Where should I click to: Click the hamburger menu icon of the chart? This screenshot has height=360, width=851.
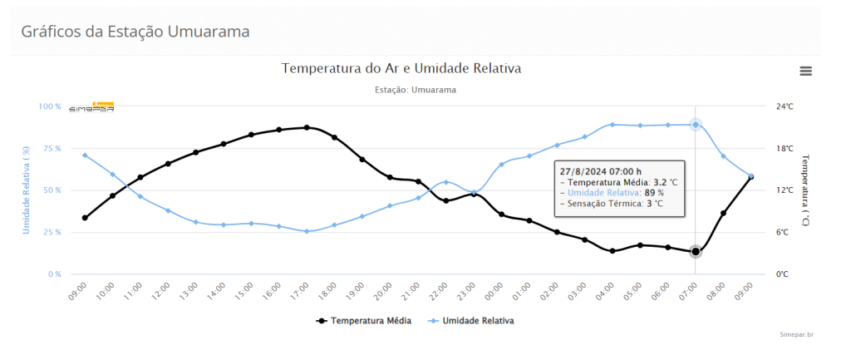pos(804,71)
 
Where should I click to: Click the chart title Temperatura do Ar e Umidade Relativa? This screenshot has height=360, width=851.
pos(401,68)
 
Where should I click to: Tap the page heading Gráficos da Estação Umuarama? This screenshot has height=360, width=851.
pos(135,32)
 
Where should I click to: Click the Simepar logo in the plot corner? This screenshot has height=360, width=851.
pos(91,107)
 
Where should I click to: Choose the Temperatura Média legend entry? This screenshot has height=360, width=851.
pos(363,320)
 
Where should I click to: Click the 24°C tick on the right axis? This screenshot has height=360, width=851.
pos(785,106)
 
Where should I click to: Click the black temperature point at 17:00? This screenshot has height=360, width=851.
pos(307,127)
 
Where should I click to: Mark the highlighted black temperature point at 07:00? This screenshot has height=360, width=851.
pos(696,251)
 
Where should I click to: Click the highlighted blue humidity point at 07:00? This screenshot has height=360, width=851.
pos(696,125)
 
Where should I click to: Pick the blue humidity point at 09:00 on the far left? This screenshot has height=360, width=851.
pos(85,155)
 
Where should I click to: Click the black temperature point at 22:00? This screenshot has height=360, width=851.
pos(445,200)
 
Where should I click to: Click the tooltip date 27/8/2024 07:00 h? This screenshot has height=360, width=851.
pos(600,171)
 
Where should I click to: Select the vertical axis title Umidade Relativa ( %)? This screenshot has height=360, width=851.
pos(26,190)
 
